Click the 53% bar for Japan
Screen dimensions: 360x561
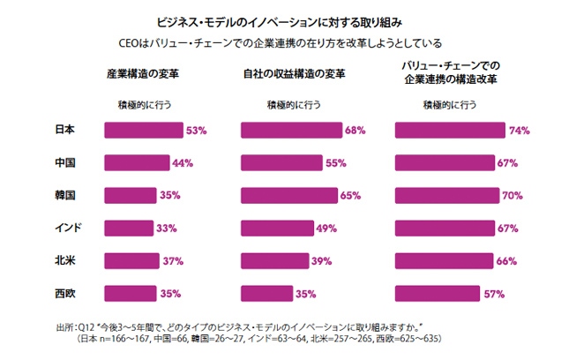click(144, 131)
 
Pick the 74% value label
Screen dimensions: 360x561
click(519, 131)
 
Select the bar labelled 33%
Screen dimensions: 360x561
click(130, 229)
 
